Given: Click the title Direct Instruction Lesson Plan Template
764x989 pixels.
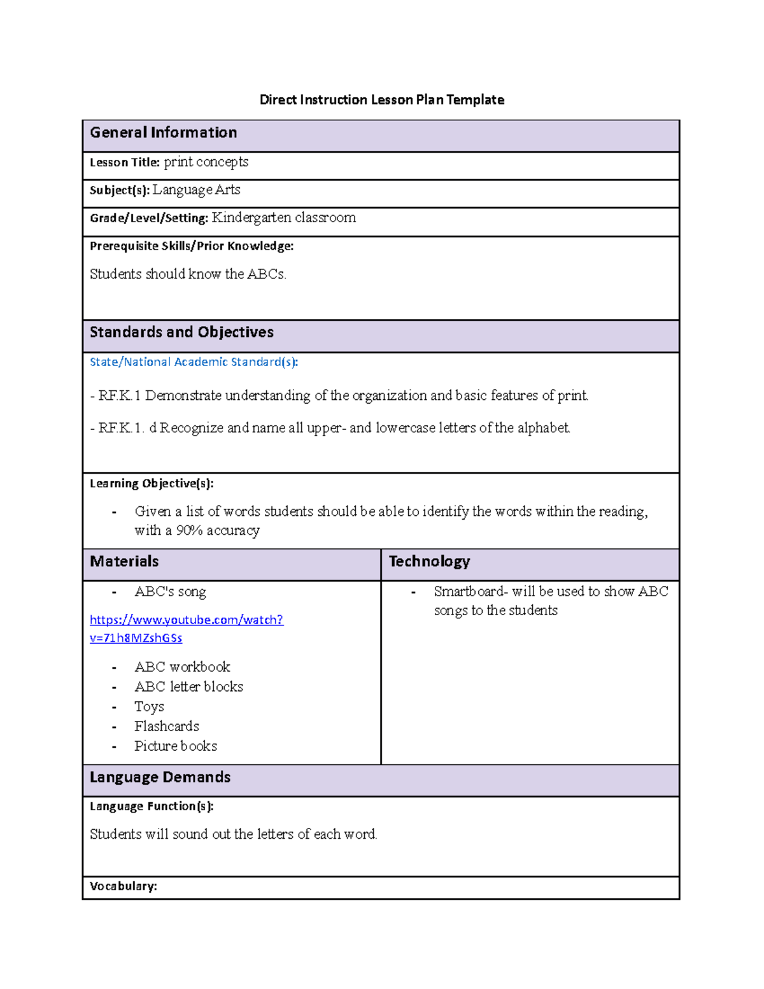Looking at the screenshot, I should pyautogui.click(x=381, y=99).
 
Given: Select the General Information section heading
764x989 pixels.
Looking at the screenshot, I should pyautogui.click(x=163, y=132).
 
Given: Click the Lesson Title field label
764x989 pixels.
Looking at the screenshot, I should pyautogui.click(x=124, y=162).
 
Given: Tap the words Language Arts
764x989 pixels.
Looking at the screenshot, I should pyautogui.click(x=196, y=190).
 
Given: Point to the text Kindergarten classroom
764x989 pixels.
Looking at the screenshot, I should pyautogui.click(x=283, y=218).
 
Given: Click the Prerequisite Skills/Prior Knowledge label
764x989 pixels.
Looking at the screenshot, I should pyautogui.click(x=191, y=246).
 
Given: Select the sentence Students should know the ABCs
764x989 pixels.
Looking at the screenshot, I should pyautogui.click(x=188, y=274).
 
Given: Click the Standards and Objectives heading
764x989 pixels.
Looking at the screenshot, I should pyautogui.click(x=181, y=332).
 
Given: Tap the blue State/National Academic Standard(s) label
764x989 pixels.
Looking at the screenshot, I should pyautogui.click(x=194, y=362).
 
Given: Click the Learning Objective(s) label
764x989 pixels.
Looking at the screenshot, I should pyautogui.click(x=152, y=483).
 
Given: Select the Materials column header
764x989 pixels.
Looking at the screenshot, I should pyautogui.click(x=124, y=561).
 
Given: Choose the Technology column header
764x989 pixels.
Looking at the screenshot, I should pyautogui.click(x=429, y=561).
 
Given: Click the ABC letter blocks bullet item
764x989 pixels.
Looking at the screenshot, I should pyautogui.click(x=188, y=687).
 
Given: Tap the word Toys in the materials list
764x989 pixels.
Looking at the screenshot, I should pyautogui.click(x=149, y=707).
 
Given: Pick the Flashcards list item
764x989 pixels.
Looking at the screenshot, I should pyautogui.click(x=166, y=726).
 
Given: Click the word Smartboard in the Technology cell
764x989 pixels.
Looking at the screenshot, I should pyautogui.click(x=468, y=591).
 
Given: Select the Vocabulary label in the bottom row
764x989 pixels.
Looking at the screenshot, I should pyautogui.click(x=123, y=886).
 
